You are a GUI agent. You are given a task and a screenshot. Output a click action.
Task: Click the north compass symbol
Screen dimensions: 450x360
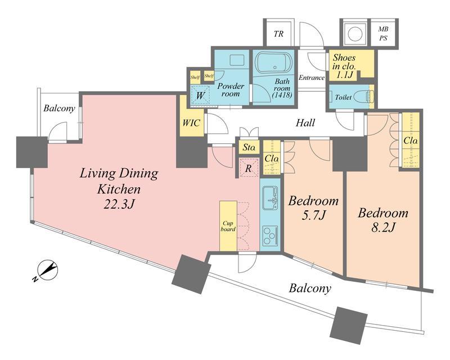pyautogui.click(x=47, y=271)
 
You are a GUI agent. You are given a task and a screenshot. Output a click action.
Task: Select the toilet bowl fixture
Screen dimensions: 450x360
pyautogui.click(x=363, y=97)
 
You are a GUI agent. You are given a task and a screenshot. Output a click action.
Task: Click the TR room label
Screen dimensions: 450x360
pyautogui.click(x=278, y=34)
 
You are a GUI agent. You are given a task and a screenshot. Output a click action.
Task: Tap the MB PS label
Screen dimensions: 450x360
pyautogui.click(x=383, y=34)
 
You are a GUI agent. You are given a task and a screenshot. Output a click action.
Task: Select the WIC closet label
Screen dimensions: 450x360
pyautogui.click(x=191, y=123)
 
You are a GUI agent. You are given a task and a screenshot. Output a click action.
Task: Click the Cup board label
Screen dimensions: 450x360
pyautogui.click(x=228, y=226)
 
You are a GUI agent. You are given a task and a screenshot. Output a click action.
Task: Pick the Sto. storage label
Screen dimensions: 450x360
pyautogui.click(x=249, y=148)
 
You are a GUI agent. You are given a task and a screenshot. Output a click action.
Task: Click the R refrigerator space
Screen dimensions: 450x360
pyautogui.click(x=249, y=168)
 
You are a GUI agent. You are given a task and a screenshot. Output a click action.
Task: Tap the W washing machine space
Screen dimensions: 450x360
pyautogui.click(x=200, y=95)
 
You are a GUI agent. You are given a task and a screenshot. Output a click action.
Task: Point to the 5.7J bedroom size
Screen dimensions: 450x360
pyautogui.click(x=313, y=215)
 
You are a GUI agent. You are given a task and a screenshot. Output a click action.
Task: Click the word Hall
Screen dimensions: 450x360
pyautogui.click(x=305, y=123)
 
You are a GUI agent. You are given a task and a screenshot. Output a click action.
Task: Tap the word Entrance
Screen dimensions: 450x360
pyautogui.click(x=312, y=78)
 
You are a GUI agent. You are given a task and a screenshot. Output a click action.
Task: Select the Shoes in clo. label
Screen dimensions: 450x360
pyautogui.click(x=344, y=66)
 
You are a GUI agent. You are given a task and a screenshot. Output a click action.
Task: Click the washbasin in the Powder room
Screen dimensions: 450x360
pyautogui.click(x=237, y=60)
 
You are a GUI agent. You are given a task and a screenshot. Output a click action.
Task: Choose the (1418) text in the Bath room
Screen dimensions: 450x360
pyautogui.click(x=282, y=94)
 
